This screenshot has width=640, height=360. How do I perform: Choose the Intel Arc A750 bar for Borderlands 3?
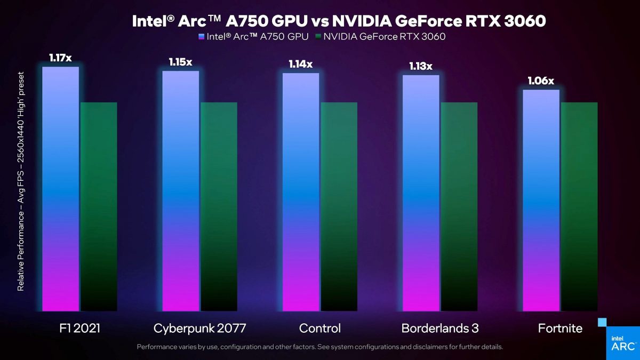pyautogui.click(x=421, y=193)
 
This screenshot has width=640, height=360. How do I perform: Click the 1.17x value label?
pyautogui.click(x=60, y=58)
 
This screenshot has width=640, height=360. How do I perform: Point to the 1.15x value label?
pyautogui.click(x=180, y=62)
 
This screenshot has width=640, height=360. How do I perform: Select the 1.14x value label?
pyautogui.click(x=301, y=64)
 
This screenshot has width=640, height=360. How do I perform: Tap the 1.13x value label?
pyautogui.click(x=421, y=66)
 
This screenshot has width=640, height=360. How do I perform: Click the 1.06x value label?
pyautogui.click(x=541, y=81)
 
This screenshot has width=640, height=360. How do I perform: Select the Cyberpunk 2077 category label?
pyautogui.click(x=199, y=328)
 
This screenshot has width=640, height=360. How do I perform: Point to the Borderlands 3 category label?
pyautogui.click(x=440, y=328)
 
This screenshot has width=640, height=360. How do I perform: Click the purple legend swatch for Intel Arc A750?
pyautogui.click(x=201, y=37)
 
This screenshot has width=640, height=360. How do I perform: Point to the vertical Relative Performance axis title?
pyautogui.click(x=21, y=181)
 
